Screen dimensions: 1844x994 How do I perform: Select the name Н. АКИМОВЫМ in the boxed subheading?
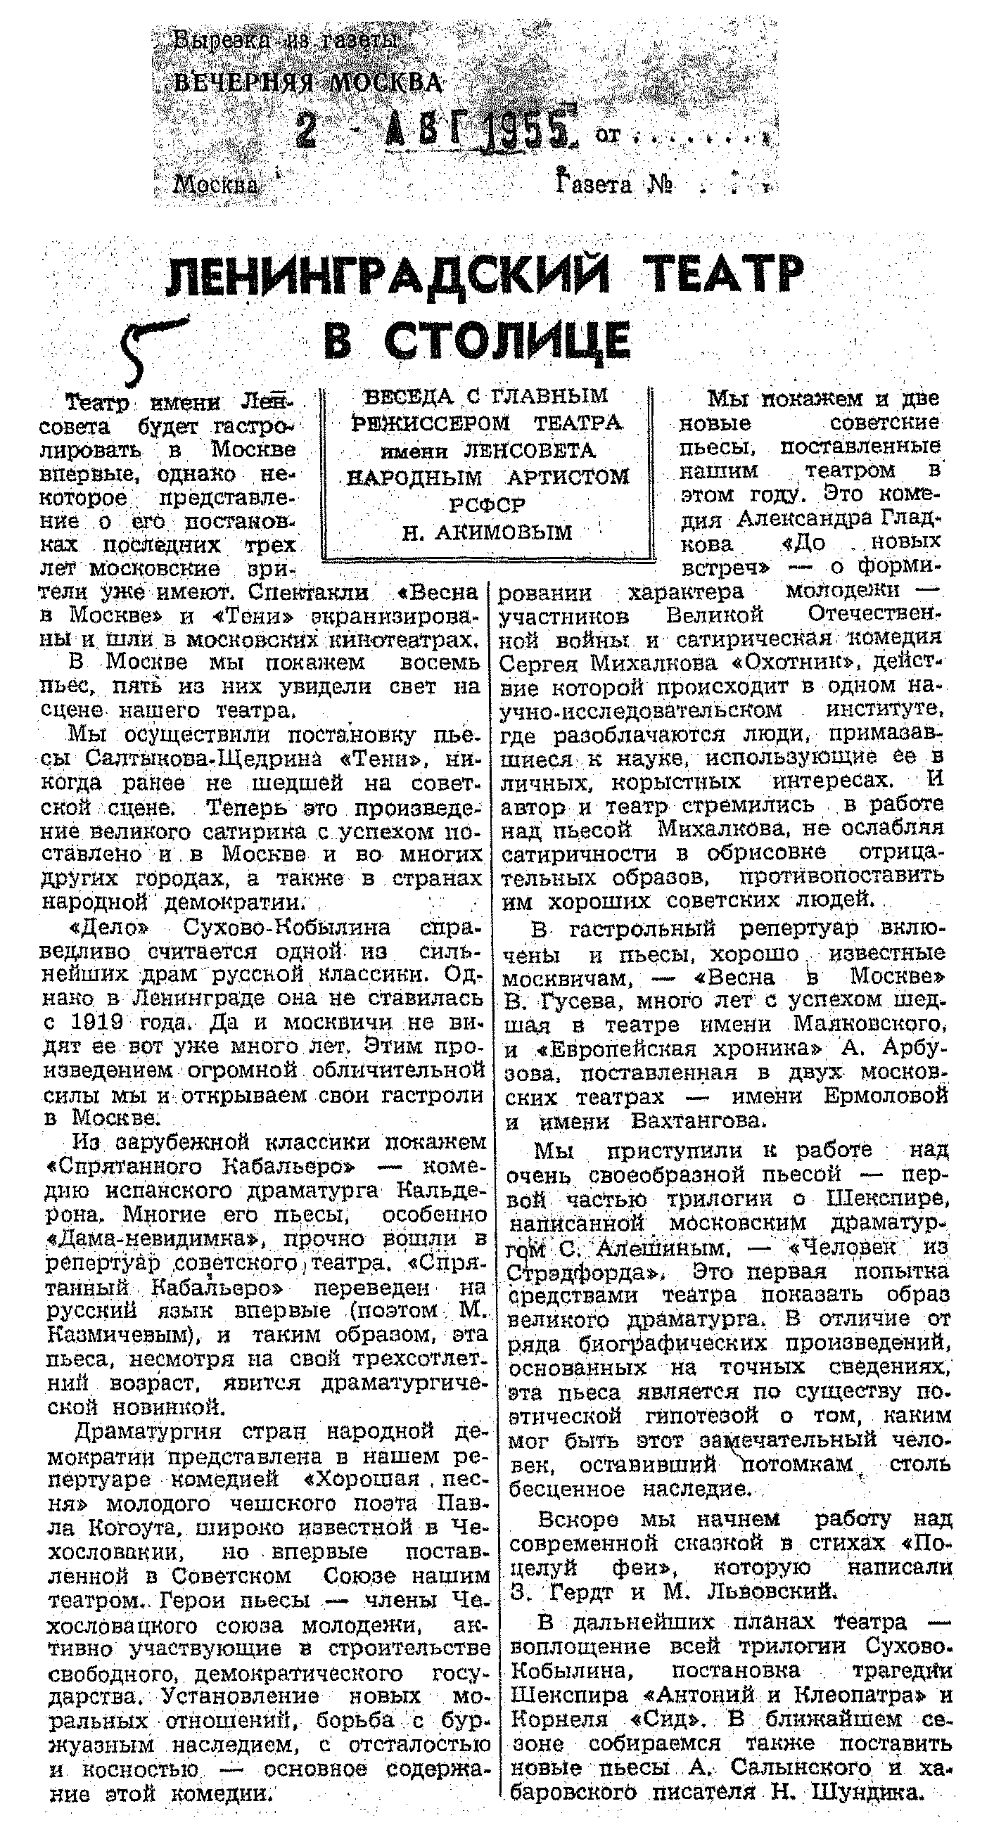tap(487, 532)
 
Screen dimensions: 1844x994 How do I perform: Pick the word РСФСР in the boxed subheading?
tap(487, 505)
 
